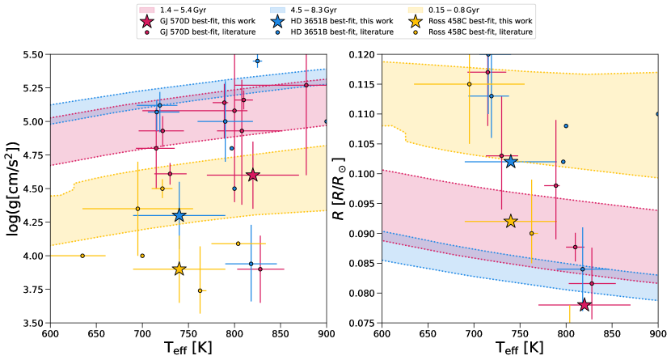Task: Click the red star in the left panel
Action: pos(253,175)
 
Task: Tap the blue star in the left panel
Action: pos(179,215)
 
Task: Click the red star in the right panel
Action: pos(584,304)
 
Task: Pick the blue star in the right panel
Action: pos(511,162)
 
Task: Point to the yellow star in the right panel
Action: pos(511,221)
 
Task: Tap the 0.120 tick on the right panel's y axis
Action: pos(359,54)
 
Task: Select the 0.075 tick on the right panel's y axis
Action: pos(359,323)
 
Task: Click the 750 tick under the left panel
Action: pos(188,333)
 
